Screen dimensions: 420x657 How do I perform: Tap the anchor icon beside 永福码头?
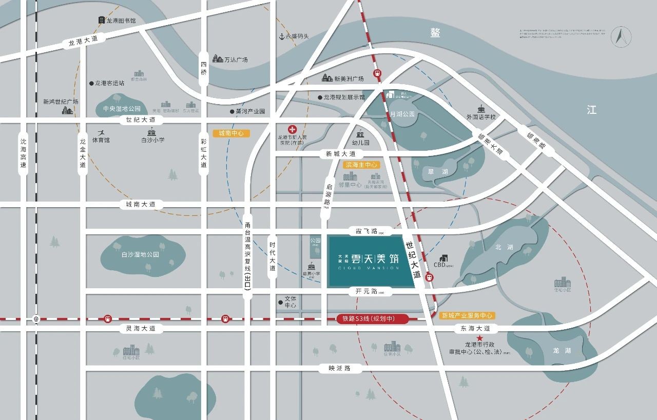coord(281,36)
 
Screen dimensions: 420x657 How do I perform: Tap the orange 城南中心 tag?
coord(230,133)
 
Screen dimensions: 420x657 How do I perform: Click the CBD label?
coord(440,265)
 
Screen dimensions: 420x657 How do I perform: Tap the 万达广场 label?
coord(236,60)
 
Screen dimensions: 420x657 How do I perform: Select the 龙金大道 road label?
coord(83,154)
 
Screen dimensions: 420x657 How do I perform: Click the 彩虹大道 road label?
coord(204,154)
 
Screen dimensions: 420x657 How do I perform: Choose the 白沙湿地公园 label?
coord(140,254)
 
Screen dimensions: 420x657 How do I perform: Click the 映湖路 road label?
coord(340,368)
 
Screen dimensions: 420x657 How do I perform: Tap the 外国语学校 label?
coord(481,117)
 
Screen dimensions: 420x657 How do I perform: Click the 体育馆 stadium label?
coord(101,139)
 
